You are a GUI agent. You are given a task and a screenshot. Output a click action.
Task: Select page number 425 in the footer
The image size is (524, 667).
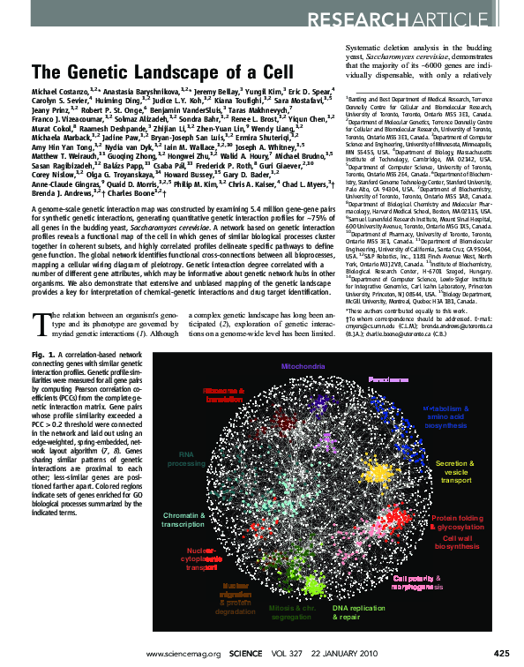click(500, 653)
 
